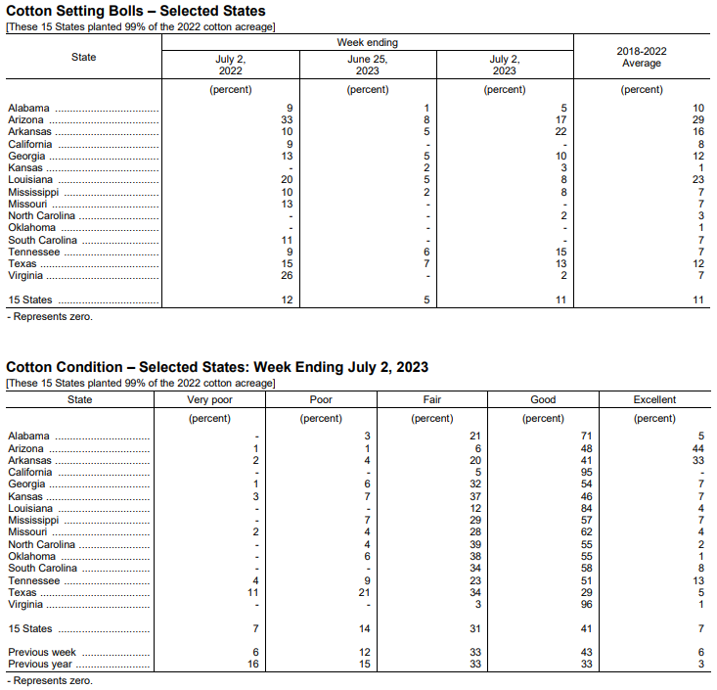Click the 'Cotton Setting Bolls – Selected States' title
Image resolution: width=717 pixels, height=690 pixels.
click(x=136, y=11)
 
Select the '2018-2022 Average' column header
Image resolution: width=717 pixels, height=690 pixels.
click(x=642, y=57)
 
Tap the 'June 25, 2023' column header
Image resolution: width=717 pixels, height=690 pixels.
click(x=368, y=65)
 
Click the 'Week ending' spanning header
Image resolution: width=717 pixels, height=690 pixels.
click(x=368, y=43)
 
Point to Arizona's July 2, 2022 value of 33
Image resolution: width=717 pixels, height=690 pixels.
click(x=286, y=119)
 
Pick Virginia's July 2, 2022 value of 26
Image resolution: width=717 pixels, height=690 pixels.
click(x=286, y=276)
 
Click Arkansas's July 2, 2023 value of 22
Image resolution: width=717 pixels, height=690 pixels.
click(x=560, y=131)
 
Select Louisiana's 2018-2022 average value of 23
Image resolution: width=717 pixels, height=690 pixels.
click(x=697, y=180)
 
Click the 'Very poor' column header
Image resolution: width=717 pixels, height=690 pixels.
click(x=210, y=399)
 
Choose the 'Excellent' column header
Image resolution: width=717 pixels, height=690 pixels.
click(x=654, y=399)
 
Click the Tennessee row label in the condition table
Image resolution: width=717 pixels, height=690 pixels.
click(x=34, y=580)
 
